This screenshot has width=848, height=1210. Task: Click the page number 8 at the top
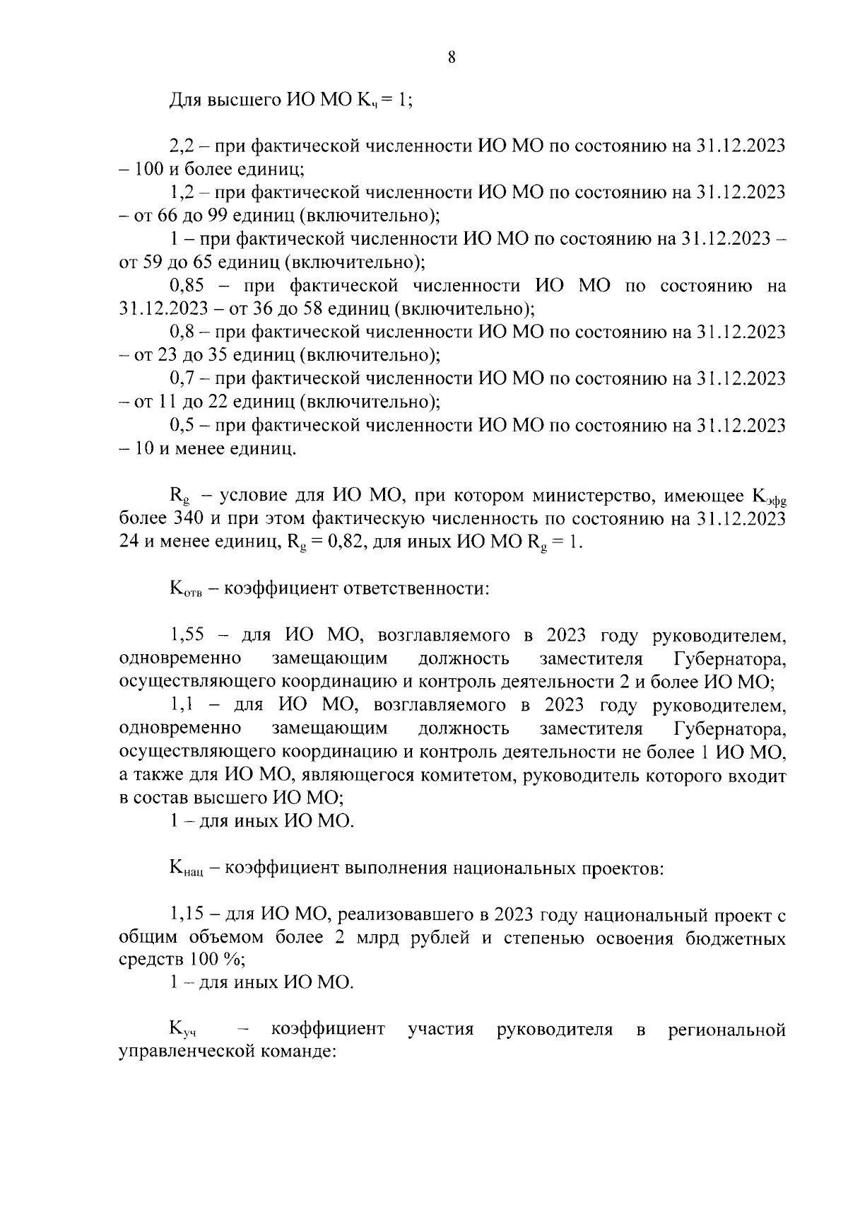point(452,58)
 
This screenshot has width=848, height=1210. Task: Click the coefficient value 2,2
point(182,146)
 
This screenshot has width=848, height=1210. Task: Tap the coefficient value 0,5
point(182,426)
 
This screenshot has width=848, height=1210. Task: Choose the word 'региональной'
point(727,1029)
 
